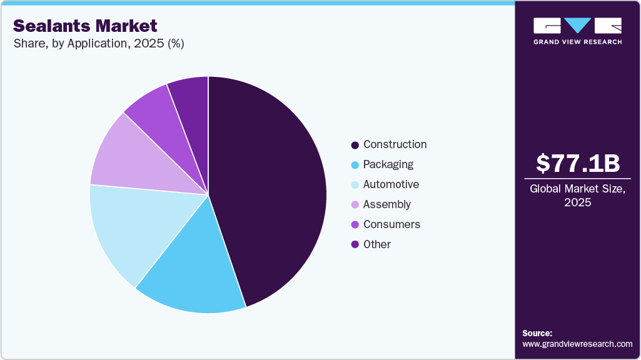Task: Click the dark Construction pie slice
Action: pos(275,187)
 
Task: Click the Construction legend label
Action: pos(395,144)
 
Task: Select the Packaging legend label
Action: pos(388,164)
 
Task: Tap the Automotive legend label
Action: pos(391,184)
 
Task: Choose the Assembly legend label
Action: pos(386,204)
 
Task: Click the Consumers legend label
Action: pos(391,224)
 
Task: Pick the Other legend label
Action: pos(376,244)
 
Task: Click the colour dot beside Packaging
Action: pos(355,165)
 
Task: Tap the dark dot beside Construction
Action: pos(355,145)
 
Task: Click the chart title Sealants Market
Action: pos(85,26)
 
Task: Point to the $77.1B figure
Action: pos(578,163)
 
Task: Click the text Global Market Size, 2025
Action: pos(578,196)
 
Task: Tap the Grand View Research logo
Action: pos(578,31)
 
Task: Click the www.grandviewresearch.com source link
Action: pos(577,344)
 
